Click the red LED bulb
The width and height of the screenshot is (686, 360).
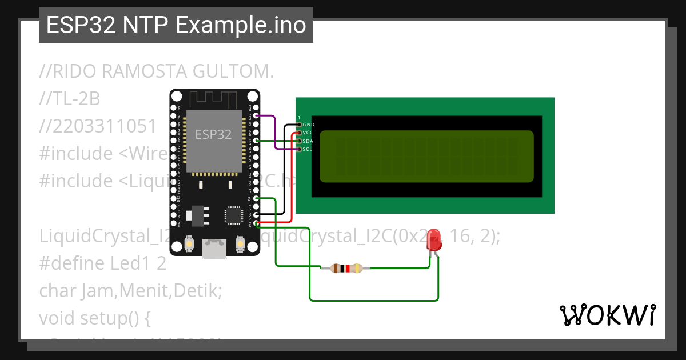coord(434,239)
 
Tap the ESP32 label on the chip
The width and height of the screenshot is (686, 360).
coord(213,134)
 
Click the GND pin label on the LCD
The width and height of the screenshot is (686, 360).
coord(308,125)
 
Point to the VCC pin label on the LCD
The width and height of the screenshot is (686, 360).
coord(308,133)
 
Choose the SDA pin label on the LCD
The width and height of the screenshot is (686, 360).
coord(308,141)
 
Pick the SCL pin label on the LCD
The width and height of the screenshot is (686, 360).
coord(308,149)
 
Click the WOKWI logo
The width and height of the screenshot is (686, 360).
coord(607,315)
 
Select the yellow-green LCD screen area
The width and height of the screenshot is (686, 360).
coord(426,156)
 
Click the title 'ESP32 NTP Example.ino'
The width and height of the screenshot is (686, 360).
coord(176,26)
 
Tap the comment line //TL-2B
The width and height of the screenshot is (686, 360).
coord(70,99)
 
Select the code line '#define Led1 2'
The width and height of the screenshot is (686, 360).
coord(103,263)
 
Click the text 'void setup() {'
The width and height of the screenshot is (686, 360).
coord(94,318)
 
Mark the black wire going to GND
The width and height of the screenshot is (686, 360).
coord(285,171)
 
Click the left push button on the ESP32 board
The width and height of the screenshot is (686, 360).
coord(188,245)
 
